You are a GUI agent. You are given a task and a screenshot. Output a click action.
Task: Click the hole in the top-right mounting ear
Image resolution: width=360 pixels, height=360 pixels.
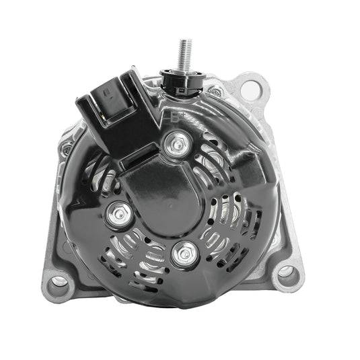coord(251,87)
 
